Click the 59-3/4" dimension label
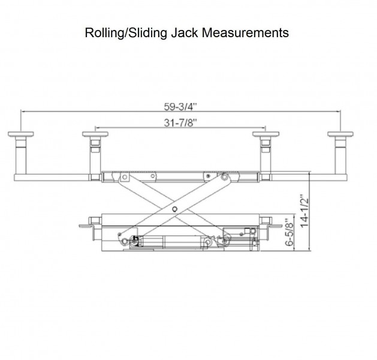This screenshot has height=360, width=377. pos(180,107)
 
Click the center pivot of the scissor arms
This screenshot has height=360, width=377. pos(174,209)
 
